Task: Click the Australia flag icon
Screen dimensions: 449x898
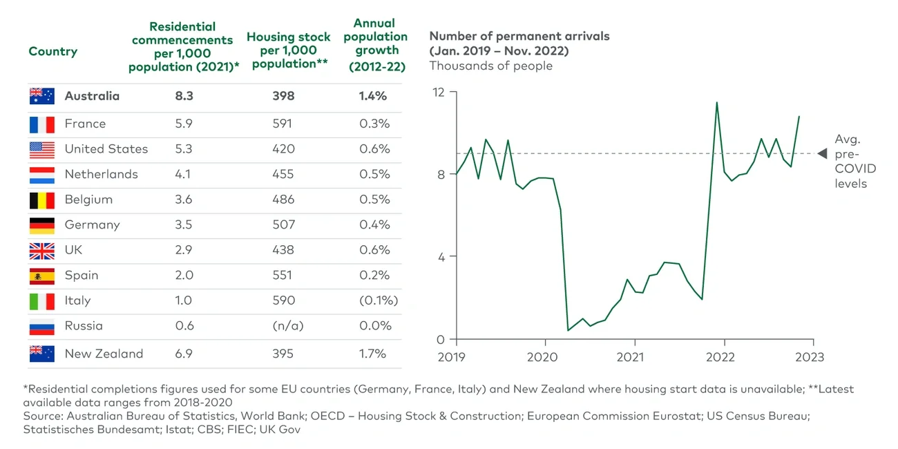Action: [x=41, y=97]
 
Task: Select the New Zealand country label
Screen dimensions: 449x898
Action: [x=104, y=354]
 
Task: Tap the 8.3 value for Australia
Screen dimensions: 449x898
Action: [x=184, y=96]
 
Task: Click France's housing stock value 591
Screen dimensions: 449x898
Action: [x=283, y=124]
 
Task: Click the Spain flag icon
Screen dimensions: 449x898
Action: [x=41, y=276]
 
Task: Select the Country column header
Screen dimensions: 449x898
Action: [x=52, y=52]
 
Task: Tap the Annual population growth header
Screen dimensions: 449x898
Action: [x=375, y=45]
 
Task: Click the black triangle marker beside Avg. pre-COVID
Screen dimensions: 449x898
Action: [x=821, y=153]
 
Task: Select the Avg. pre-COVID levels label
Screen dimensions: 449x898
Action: [x=854, y=161]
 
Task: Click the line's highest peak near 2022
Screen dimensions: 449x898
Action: [x=716, y=103]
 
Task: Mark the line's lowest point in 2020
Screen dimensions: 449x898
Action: [x=568, y=330]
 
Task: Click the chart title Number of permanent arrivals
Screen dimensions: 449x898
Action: [x=519, y=36]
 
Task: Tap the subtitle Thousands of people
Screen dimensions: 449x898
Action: [x=490, y=66]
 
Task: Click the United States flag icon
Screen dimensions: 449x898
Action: [x=41, y=149]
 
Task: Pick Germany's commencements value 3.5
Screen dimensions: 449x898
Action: [x=184, y=224]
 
